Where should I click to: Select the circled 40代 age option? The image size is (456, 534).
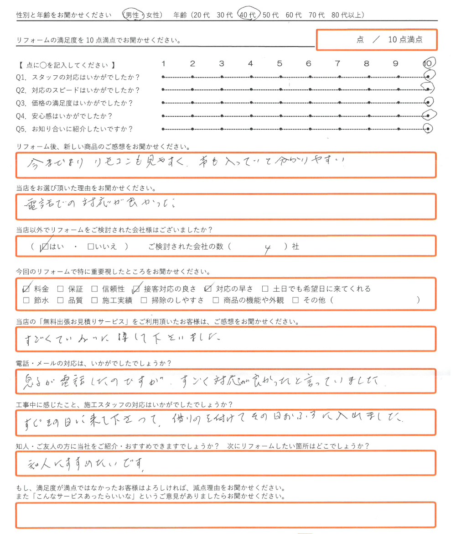point(249,15)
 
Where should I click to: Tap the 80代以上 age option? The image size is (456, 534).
point(348,15)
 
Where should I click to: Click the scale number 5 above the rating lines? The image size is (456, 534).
point(280,64)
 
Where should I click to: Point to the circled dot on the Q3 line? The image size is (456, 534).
point(428,102)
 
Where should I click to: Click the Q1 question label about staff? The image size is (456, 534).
point(78,77)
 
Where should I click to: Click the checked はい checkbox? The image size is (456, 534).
point(44,247)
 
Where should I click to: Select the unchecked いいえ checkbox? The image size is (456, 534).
point(90,247)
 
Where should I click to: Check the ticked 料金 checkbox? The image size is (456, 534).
point(26,288)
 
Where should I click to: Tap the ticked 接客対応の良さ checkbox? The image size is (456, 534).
point(136,288)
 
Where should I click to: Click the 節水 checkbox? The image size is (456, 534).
point(26,300)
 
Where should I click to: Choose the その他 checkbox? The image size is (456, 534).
point(295,300)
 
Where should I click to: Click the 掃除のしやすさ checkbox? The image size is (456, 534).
point(144,300)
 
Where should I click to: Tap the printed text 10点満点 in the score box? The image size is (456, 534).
point(405,40)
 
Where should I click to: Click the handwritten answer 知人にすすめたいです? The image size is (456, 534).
point(86,464)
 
